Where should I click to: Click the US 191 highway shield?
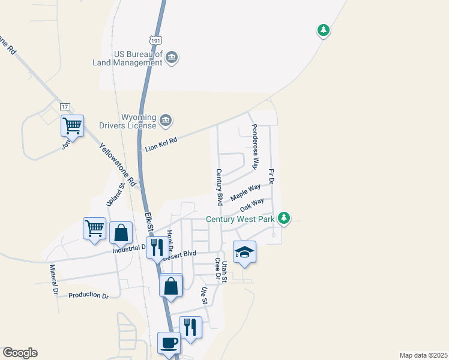173,39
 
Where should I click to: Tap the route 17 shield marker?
65,107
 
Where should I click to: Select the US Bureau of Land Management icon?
172,58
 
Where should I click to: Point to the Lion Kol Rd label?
161,144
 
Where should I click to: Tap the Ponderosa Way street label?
255,146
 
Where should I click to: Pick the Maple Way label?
246,193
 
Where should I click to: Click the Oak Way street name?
252,205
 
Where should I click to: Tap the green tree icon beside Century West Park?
286,218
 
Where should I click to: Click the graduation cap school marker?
244,252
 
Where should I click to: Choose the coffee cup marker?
169,343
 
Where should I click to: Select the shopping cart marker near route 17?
72,126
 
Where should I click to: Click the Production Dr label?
88,296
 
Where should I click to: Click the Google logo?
20,353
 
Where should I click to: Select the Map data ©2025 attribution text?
423,355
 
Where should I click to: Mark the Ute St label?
204,295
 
